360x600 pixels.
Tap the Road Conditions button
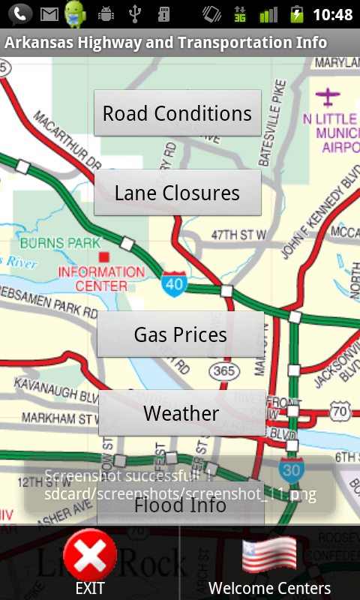(x=177, y=113)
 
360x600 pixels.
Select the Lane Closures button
(x=177, y=193)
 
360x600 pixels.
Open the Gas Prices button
(x=180, y=334)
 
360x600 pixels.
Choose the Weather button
(x=181, y=413)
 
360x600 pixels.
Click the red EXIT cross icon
(x=89, y=556)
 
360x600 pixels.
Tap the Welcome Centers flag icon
(x=269, y=556)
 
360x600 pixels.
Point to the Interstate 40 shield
(x=173, y=283)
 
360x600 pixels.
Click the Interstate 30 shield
(x=291, y=469)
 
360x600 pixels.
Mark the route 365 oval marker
(x=224, y=371)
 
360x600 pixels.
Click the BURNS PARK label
(x=60, y=243)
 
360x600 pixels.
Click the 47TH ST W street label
(x=239, y=235)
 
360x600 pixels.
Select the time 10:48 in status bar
(x=332, y=14)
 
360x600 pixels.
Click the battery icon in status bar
(x=297, y=14)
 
